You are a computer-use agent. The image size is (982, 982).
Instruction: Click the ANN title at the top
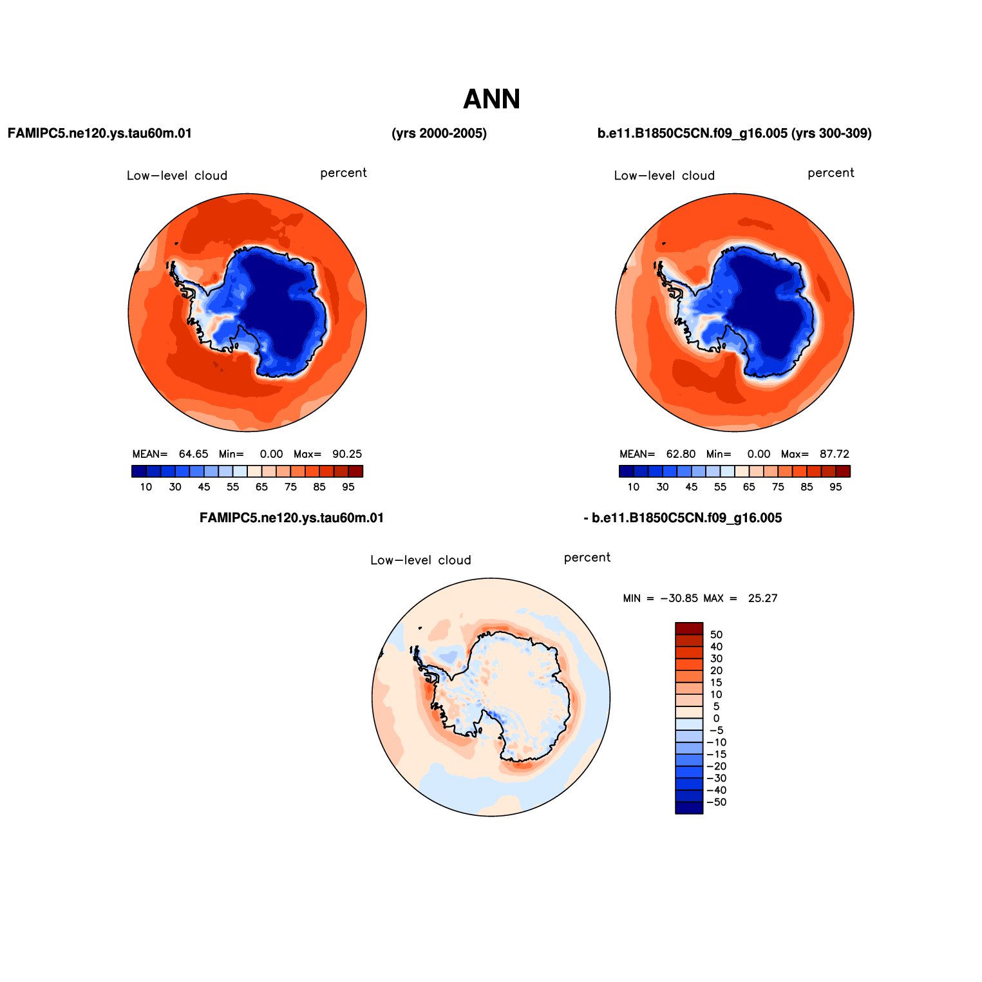pyautogui.click(x=491, y=99)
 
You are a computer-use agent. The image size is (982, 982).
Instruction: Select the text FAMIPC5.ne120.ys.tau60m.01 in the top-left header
pyautogui.click(x=100, y=133)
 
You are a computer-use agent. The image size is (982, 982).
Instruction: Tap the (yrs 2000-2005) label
pyautogui.click(x=439, y=133)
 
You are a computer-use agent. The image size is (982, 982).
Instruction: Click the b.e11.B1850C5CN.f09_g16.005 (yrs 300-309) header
pyautogui.click(x=735, y=133)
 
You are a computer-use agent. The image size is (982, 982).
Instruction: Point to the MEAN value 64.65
pyautogui.click(x=193, y=454)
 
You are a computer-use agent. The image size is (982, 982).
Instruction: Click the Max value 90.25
pyautogui.click(x=347, y=454)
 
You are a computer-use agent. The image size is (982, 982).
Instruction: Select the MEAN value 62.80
pyautogui.click(x=681, y=454)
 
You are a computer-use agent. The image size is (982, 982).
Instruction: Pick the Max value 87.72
pyautogui.click(x=835, y=454)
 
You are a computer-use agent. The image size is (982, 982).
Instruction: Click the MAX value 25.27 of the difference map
pyautogui.click(x=763, y=598)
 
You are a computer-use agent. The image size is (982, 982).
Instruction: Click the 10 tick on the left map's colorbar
pyautogui.click(x=146, y=487)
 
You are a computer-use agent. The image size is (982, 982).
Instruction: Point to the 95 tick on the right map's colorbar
pyautogui.click(x=836, y=487)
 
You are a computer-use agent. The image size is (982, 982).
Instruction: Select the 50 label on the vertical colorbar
pyautogui.click(x=716, y=635)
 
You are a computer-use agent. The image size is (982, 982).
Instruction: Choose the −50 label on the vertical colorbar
pyautogui.click(x=717, y=802)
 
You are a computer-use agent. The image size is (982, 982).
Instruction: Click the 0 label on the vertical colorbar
pyautogui.click(x=716, y=719)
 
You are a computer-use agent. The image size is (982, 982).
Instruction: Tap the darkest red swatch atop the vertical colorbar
pyautogui.click(x=689, y=628)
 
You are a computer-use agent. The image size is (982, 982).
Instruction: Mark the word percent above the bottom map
pyautogui.click(x=587, y=558)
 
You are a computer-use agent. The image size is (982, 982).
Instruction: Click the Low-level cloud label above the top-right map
pyautogui.click(x=665, y=176)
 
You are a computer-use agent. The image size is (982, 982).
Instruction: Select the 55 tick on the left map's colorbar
pyautogui.click(x=233, y=487)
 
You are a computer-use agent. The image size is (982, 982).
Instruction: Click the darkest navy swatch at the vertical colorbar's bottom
pyautogui.click(x=689, y=808)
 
